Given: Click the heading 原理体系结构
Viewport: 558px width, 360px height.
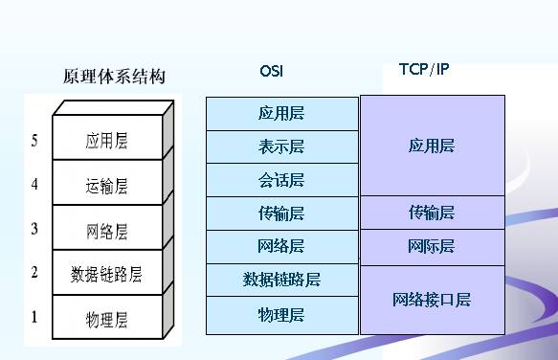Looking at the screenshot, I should (114, 78).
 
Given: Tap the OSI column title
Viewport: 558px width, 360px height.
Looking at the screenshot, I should (272, 71).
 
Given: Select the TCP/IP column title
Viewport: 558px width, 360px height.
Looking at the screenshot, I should (423, 70).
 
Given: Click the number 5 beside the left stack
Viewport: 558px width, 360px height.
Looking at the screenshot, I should (34, 141).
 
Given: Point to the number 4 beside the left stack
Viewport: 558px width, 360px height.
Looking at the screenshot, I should (34, 184).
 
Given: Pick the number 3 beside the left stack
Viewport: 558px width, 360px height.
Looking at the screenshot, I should (34, 228).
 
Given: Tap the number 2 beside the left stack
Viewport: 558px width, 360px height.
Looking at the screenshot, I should (34, 272).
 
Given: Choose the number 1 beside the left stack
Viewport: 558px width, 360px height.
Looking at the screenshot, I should (34, 316).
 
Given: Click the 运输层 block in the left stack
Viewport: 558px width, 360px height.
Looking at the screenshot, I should (105, 187).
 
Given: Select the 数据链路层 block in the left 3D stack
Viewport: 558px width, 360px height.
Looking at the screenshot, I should (105, 275).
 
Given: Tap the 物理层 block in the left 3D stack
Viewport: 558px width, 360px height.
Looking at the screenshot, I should (105, 318).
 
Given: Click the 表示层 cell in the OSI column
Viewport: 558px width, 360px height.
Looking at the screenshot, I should (281, 146).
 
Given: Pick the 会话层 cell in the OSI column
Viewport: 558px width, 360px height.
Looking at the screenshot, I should (281, 180).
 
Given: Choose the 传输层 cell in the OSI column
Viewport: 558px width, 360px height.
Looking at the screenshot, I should (281, 213).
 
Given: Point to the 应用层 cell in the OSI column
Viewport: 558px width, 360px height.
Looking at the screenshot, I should (281, 113).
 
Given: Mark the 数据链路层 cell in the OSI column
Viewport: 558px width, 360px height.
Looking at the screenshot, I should (281, 280).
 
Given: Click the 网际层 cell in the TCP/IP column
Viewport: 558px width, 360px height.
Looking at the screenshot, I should (432, 247).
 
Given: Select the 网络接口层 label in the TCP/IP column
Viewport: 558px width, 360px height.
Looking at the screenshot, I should (432, 300).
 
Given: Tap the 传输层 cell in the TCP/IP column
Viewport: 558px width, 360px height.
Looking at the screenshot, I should (432, 213).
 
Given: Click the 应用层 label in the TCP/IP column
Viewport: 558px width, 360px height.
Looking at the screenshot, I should (432, 146).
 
